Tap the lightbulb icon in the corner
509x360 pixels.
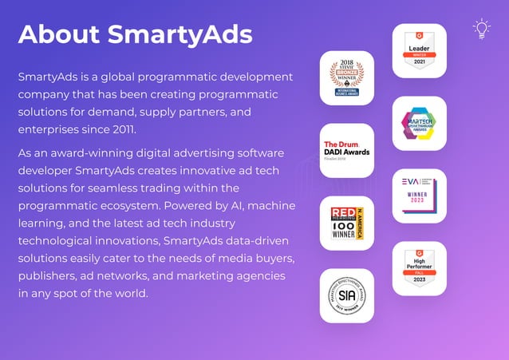click(x=481, y=30)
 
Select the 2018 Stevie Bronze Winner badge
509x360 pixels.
click(x=346, y=78)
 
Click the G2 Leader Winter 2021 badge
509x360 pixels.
click(x=419, y=50)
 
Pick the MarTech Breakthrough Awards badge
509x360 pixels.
click(x=419, y=124)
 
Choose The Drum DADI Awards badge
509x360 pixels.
click(x=346, y=150)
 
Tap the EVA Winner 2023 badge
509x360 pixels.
click(x=419, y=196)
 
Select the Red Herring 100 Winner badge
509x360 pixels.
click(x=346, y=223)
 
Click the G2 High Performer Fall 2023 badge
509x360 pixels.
click(x=419, y=268)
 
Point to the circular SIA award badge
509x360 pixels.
click(x=346, y=295)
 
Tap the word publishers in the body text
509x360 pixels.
click(x=47, y=275)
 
